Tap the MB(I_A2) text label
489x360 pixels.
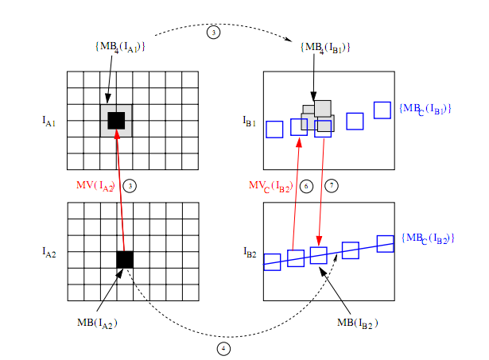tap(97, 323)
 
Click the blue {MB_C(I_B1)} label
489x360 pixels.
tap(425, 107)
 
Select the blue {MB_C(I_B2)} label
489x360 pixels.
tap(428, 238)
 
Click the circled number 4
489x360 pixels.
tap(223, 348)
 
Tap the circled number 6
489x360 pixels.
tap(307, 185)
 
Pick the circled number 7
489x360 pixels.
tap(332, 185)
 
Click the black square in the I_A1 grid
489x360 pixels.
tap(116, 120)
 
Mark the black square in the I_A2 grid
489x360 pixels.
tap(125, 259)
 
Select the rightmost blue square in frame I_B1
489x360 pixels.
tap(382, 110)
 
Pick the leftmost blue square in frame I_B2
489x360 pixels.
tap(272, 261)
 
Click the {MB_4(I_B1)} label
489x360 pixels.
tap(326, 48)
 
